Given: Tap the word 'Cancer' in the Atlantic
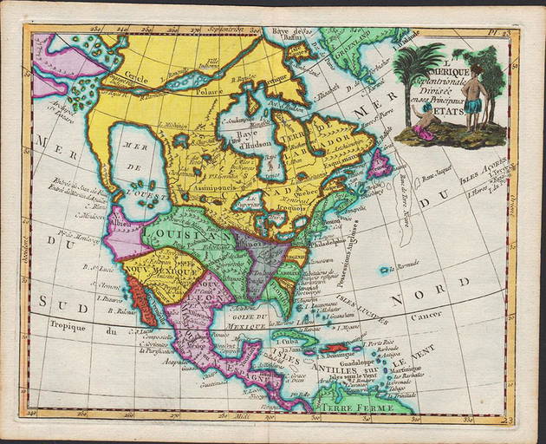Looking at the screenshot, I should tap(427, 317).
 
